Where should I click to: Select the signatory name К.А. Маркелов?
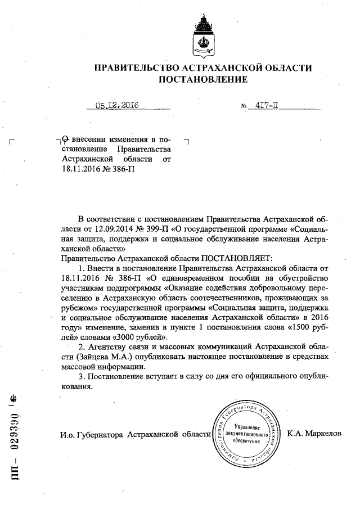[x=314, y=434]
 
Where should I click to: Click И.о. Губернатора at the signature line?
[x=91, y=434]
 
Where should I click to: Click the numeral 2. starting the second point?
[x=82, y=346]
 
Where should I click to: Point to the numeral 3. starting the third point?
[x=82, y=376]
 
